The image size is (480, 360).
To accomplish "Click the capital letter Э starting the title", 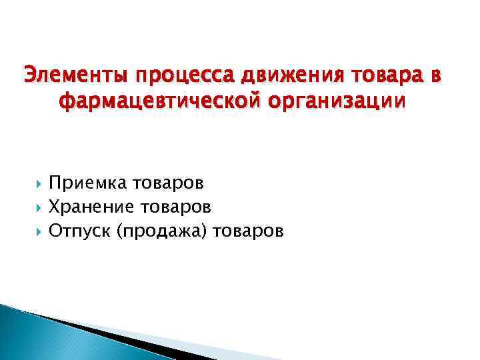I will (29, 77).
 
